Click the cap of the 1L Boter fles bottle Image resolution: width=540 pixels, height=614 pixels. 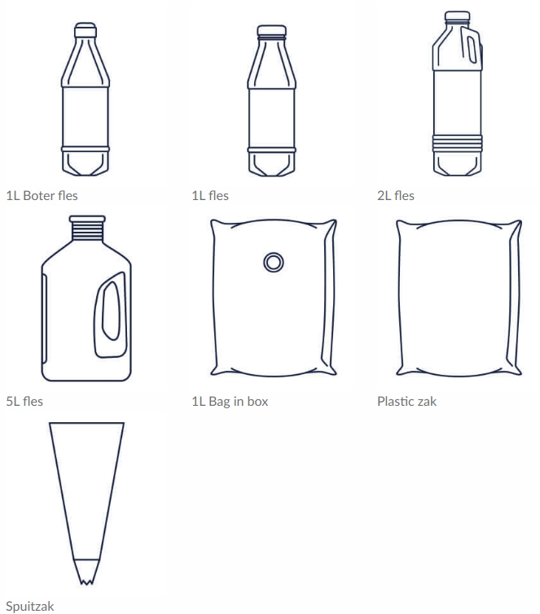coord(86,30)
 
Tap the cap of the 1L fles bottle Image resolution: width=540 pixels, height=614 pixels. coord(272,31)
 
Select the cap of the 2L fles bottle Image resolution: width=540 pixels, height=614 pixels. coord(457,15)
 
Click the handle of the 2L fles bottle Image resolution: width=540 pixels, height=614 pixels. coord(470,46)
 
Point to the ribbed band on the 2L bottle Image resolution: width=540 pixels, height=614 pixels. coord(457,143)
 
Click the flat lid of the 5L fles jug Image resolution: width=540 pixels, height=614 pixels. coord(87,219)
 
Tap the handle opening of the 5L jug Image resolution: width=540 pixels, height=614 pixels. coord(111,311)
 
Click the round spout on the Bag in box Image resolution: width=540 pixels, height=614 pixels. coord(274,262)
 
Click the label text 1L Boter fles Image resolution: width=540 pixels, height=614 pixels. coord(42,195)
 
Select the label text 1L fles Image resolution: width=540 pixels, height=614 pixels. coord(210,195)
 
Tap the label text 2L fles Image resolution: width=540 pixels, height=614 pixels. coord(396,195)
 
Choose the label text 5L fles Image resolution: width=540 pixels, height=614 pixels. coord(24,402)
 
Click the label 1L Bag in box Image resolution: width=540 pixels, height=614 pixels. coord(230,402)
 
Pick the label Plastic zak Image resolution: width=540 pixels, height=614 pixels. coord(406,402)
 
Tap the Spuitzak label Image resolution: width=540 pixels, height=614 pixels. coord(30,607)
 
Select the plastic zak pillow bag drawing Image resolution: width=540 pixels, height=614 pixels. coord(459,298)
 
